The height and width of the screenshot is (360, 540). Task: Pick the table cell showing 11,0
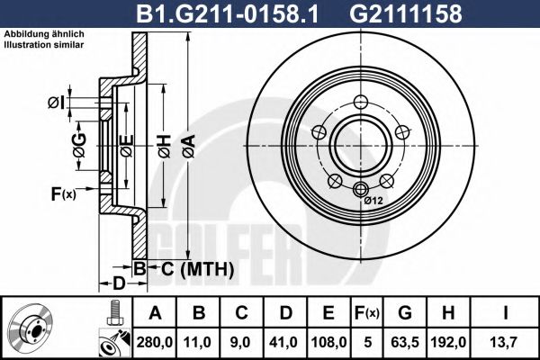[199, 343]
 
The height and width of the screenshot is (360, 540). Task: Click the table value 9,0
[242, 343]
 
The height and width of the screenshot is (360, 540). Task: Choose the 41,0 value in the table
[285, 343]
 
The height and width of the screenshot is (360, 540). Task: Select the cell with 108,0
[329, 343]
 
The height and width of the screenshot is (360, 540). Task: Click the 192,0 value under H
[453, 343]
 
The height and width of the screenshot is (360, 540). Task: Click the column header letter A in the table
[155, 313]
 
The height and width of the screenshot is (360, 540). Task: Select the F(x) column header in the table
[367, 313]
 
